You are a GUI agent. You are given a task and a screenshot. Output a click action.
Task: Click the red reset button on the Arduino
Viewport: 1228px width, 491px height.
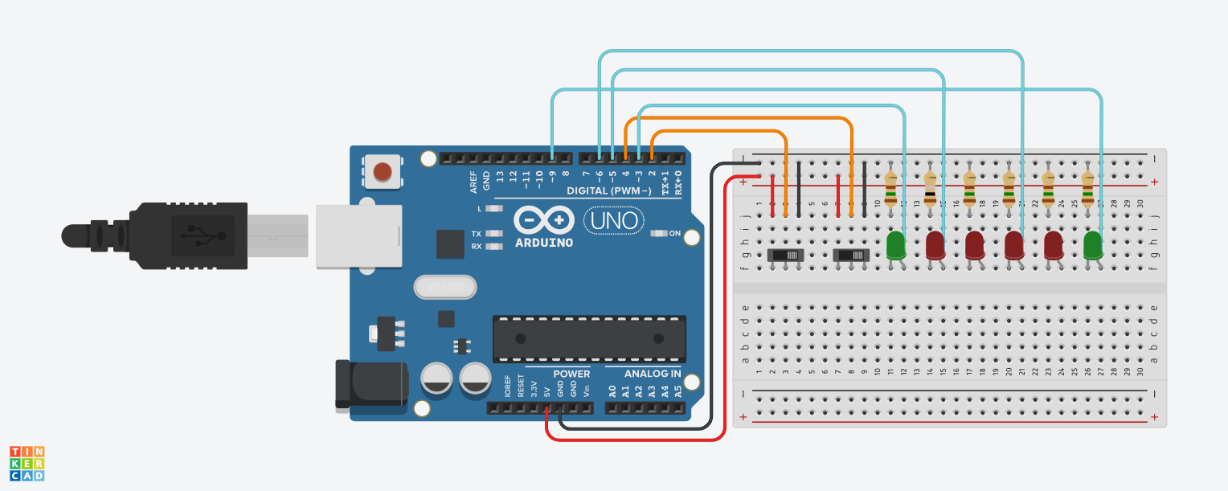[x=383, y=172]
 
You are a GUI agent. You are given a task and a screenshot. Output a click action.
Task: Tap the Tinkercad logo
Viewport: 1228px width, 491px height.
[x=27, y=464]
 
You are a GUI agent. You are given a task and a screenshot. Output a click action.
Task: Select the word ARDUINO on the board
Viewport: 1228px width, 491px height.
[x=544, y=242]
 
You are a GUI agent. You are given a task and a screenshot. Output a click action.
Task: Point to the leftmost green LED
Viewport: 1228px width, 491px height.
[x=896, y=245]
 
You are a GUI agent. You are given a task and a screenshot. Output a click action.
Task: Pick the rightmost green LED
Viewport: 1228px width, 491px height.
[x=1093, y=245]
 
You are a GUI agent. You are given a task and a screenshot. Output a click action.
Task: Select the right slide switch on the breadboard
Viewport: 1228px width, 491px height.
[x=851, y=256]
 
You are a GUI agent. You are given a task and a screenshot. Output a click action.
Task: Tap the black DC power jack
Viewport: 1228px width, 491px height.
[x=371, y=384]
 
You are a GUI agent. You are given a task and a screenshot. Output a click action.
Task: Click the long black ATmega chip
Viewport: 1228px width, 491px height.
[x=589, y=338]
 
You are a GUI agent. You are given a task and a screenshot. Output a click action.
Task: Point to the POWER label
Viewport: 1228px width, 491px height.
[x=571, y=374]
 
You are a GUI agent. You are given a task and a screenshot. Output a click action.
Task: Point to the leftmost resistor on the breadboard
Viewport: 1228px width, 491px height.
[x=890, y=190]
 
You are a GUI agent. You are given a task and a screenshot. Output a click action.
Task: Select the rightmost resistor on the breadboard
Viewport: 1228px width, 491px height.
[x=1087, y=190]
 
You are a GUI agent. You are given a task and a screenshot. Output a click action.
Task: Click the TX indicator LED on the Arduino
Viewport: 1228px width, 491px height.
[x=494, y=234]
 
